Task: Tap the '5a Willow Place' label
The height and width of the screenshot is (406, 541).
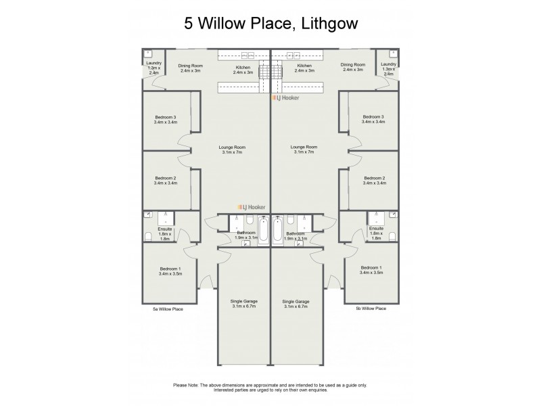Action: (168, 308)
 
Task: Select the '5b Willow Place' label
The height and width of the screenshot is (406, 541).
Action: (371, 308)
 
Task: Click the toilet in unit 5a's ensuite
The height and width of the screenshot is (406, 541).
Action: (148, 236)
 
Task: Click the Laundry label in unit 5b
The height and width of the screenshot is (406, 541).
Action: (388, 64)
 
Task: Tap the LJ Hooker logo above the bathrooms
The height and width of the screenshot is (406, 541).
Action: (251, 208)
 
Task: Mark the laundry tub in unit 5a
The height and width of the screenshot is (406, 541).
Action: (148, 53)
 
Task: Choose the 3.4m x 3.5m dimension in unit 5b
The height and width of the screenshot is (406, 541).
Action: (372, 273)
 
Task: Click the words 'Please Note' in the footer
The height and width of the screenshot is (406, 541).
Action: (188, 384)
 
